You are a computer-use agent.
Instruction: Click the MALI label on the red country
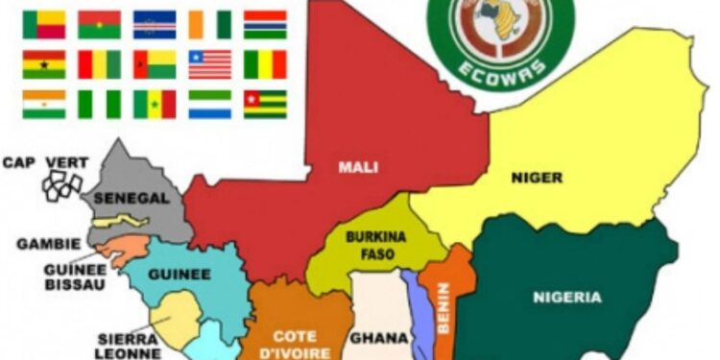pos(357,167)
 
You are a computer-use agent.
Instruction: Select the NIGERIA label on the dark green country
pos(567,297)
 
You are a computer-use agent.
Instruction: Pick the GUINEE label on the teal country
pos(179,274)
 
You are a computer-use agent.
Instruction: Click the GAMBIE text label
pos(48,244)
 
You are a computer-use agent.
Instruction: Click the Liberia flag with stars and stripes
pos(209,63)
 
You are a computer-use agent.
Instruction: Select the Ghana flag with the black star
pos(44,63)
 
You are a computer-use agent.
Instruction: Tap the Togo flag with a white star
pos(265,104)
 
